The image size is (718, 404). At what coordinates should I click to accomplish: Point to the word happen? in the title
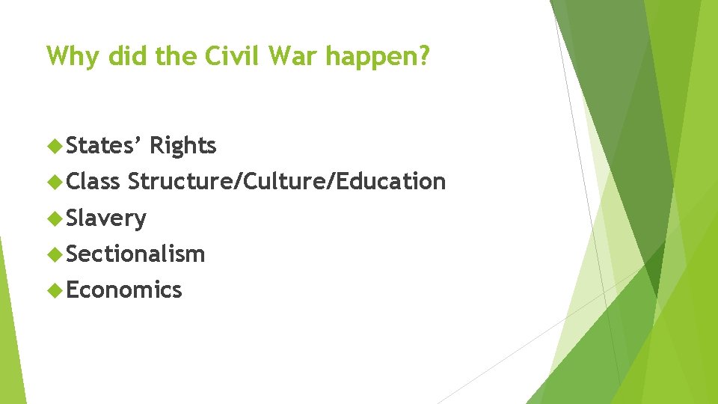tap(373, 57)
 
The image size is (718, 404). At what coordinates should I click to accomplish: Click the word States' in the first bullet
tap(104, 145)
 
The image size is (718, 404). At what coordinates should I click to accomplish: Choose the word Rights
tap(182, 146)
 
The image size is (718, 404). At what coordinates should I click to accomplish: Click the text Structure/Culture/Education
tap(286, 181)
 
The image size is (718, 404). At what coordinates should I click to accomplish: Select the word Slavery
tap(106, 218)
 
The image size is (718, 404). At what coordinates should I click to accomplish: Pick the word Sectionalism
tap(135, 254)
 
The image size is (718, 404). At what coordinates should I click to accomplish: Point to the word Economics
tap(124, 290)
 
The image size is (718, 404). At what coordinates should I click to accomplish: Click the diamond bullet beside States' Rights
tap(54, 146)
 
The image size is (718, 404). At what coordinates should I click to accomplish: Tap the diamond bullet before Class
tap(54, 182)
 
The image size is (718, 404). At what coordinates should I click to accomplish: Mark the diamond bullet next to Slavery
tap(54, 218)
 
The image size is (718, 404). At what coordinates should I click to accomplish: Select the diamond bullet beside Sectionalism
tap(54, 254)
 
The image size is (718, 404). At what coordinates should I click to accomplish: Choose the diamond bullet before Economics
tap(54, 290)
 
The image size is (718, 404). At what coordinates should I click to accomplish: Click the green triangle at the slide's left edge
tap(9, 329)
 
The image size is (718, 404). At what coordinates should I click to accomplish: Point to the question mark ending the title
tap(425, 55)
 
